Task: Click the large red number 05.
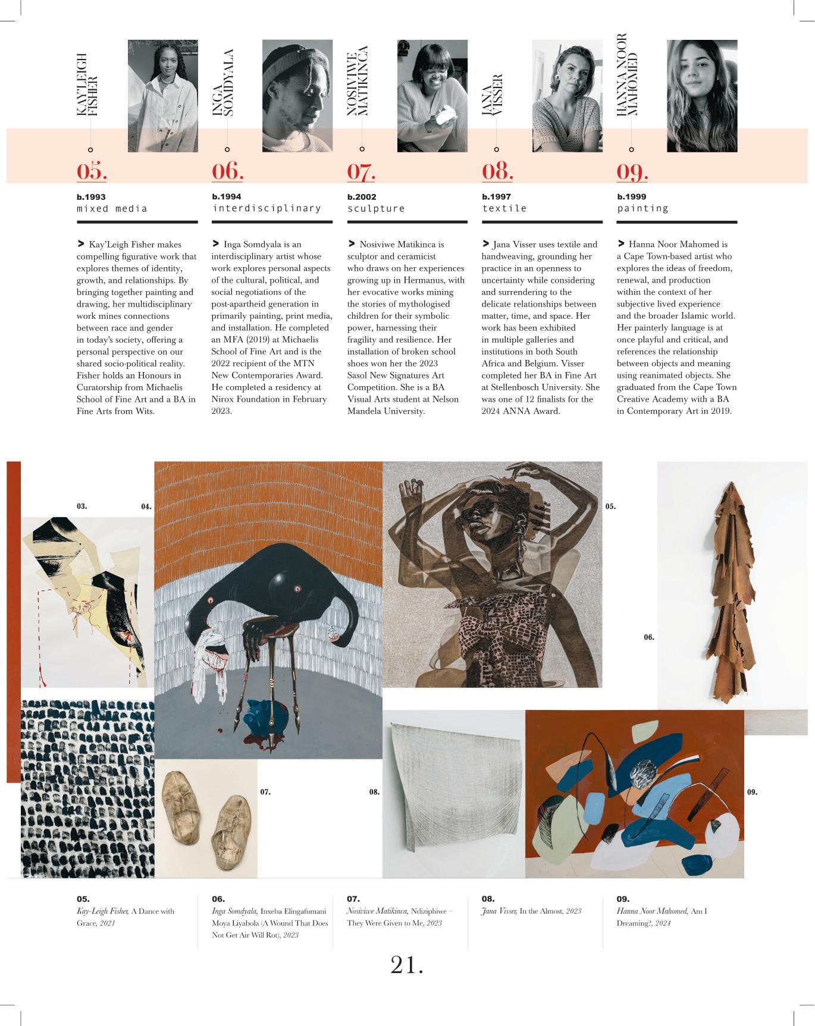[92, 171]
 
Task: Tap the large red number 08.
[497, 171]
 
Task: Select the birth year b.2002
[362, 196]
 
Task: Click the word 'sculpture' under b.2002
[376, 208]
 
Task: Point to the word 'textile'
[504, 208]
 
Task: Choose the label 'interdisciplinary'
[267, 208]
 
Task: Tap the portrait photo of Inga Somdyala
[297, 95]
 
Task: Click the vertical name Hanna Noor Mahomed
[627, 74]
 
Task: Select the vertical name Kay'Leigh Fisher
[87, 85]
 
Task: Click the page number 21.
[407, 965]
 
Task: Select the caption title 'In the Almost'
[541, 911]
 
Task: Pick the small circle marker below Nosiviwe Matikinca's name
[362, 149]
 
